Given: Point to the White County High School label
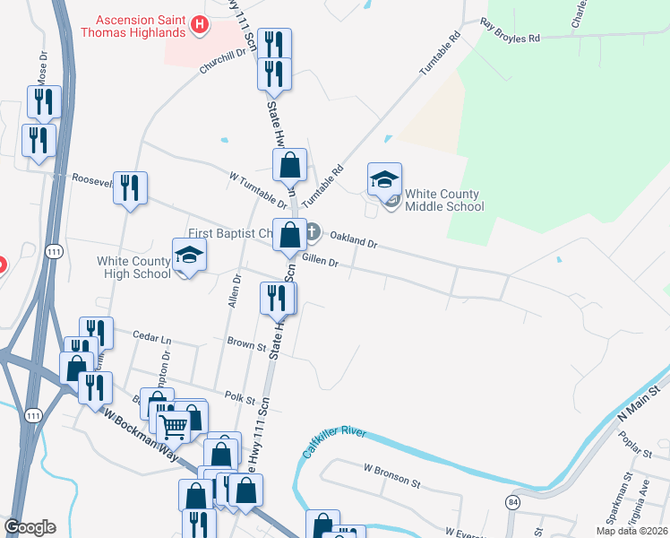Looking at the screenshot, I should (133, 267).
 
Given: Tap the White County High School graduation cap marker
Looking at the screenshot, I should (189, 256).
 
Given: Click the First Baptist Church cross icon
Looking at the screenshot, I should (312, 232).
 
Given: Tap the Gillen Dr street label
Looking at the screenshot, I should (320, 262).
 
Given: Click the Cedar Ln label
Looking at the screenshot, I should (150, 339).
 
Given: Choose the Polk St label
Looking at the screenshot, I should (234, 395).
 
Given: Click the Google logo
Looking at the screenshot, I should (30, 526).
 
